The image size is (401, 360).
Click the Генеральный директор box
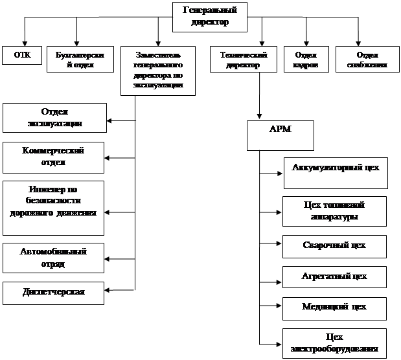coord(210,16)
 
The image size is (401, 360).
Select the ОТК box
coord(23,56)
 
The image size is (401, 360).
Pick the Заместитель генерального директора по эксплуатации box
coord(157,71)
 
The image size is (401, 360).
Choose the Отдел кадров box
coord(306,60)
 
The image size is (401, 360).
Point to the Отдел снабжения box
coord(367,60)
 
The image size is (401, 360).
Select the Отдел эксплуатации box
coord(54,118)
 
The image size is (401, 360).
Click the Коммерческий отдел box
coord(54,157)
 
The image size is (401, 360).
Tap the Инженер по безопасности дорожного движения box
coord(54,207)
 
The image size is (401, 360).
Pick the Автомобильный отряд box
coord(54,258)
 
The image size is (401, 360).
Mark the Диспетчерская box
coord(54,293)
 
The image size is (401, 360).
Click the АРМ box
coord(280,135)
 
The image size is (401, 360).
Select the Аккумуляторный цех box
coord(335,173)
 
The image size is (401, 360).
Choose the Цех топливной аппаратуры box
coord(335,211)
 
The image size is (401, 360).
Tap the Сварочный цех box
coord(335,246)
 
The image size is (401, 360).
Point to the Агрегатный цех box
coord(335,277)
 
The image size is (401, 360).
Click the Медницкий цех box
coord(335,308)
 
